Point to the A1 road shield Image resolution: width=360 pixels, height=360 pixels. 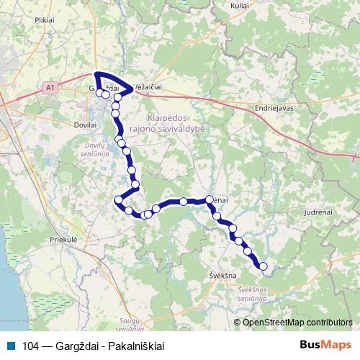pyautogui.click(x=49, y=88)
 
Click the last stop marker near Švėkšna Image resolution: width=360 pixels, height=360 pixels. pyautogui.click(x=264, y=266)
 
